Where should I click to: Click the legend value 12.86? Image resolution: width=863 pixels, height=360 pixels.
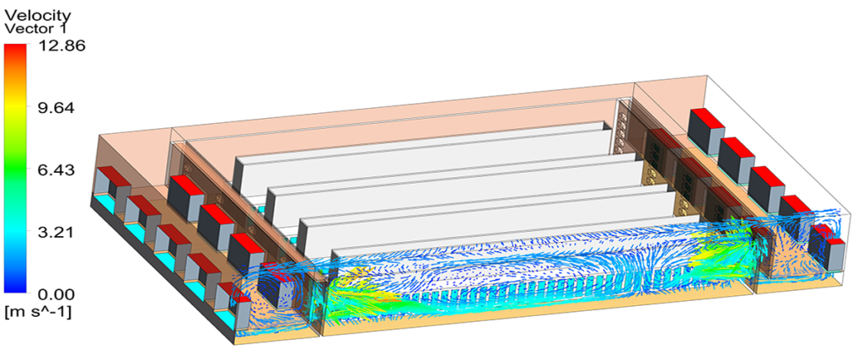[x=61, y=46]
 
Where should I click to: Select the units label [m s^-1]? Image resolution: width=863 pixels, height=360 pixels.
[x=37, y=313]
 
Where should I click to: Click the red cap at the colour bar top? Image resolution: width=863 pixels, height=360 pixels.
[x=15, y=52]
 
